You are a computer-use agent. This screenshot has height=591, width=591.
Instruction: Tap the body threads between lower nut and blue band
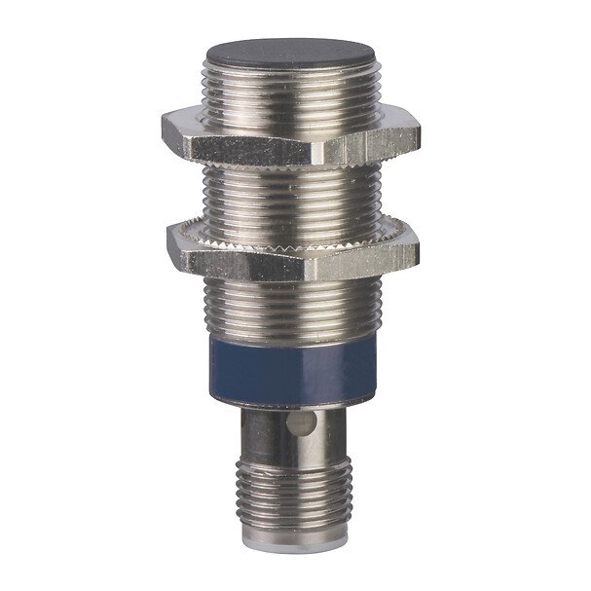coord(293,302)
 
